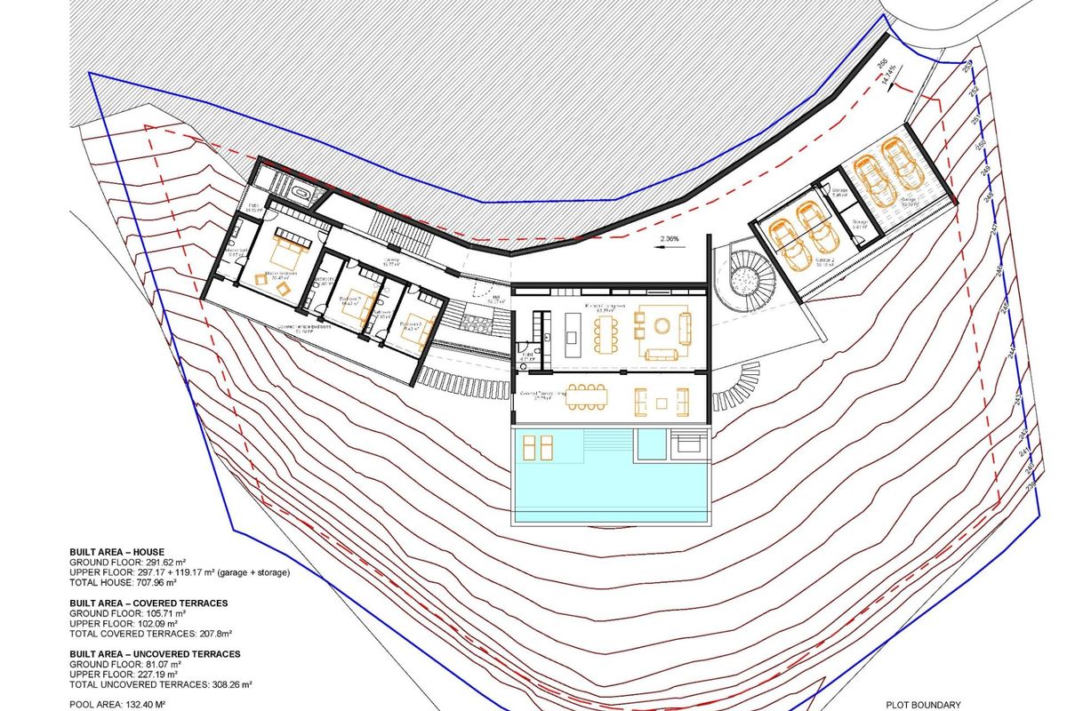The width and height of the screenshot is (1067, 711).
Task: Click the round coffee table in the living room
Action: pyautogui.click(x=663, y=325)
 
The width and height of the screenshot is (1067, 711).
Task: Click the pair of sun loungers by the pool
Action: pyautogui.click(x=537, y=447)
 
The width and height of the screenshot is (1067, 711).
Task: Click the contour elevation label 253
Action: pyautogui.click(x=968, y=64)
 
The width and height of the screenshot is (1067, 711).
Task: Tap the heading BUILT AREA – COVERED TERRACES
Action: pyautogui.click(x=148, y=603)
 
